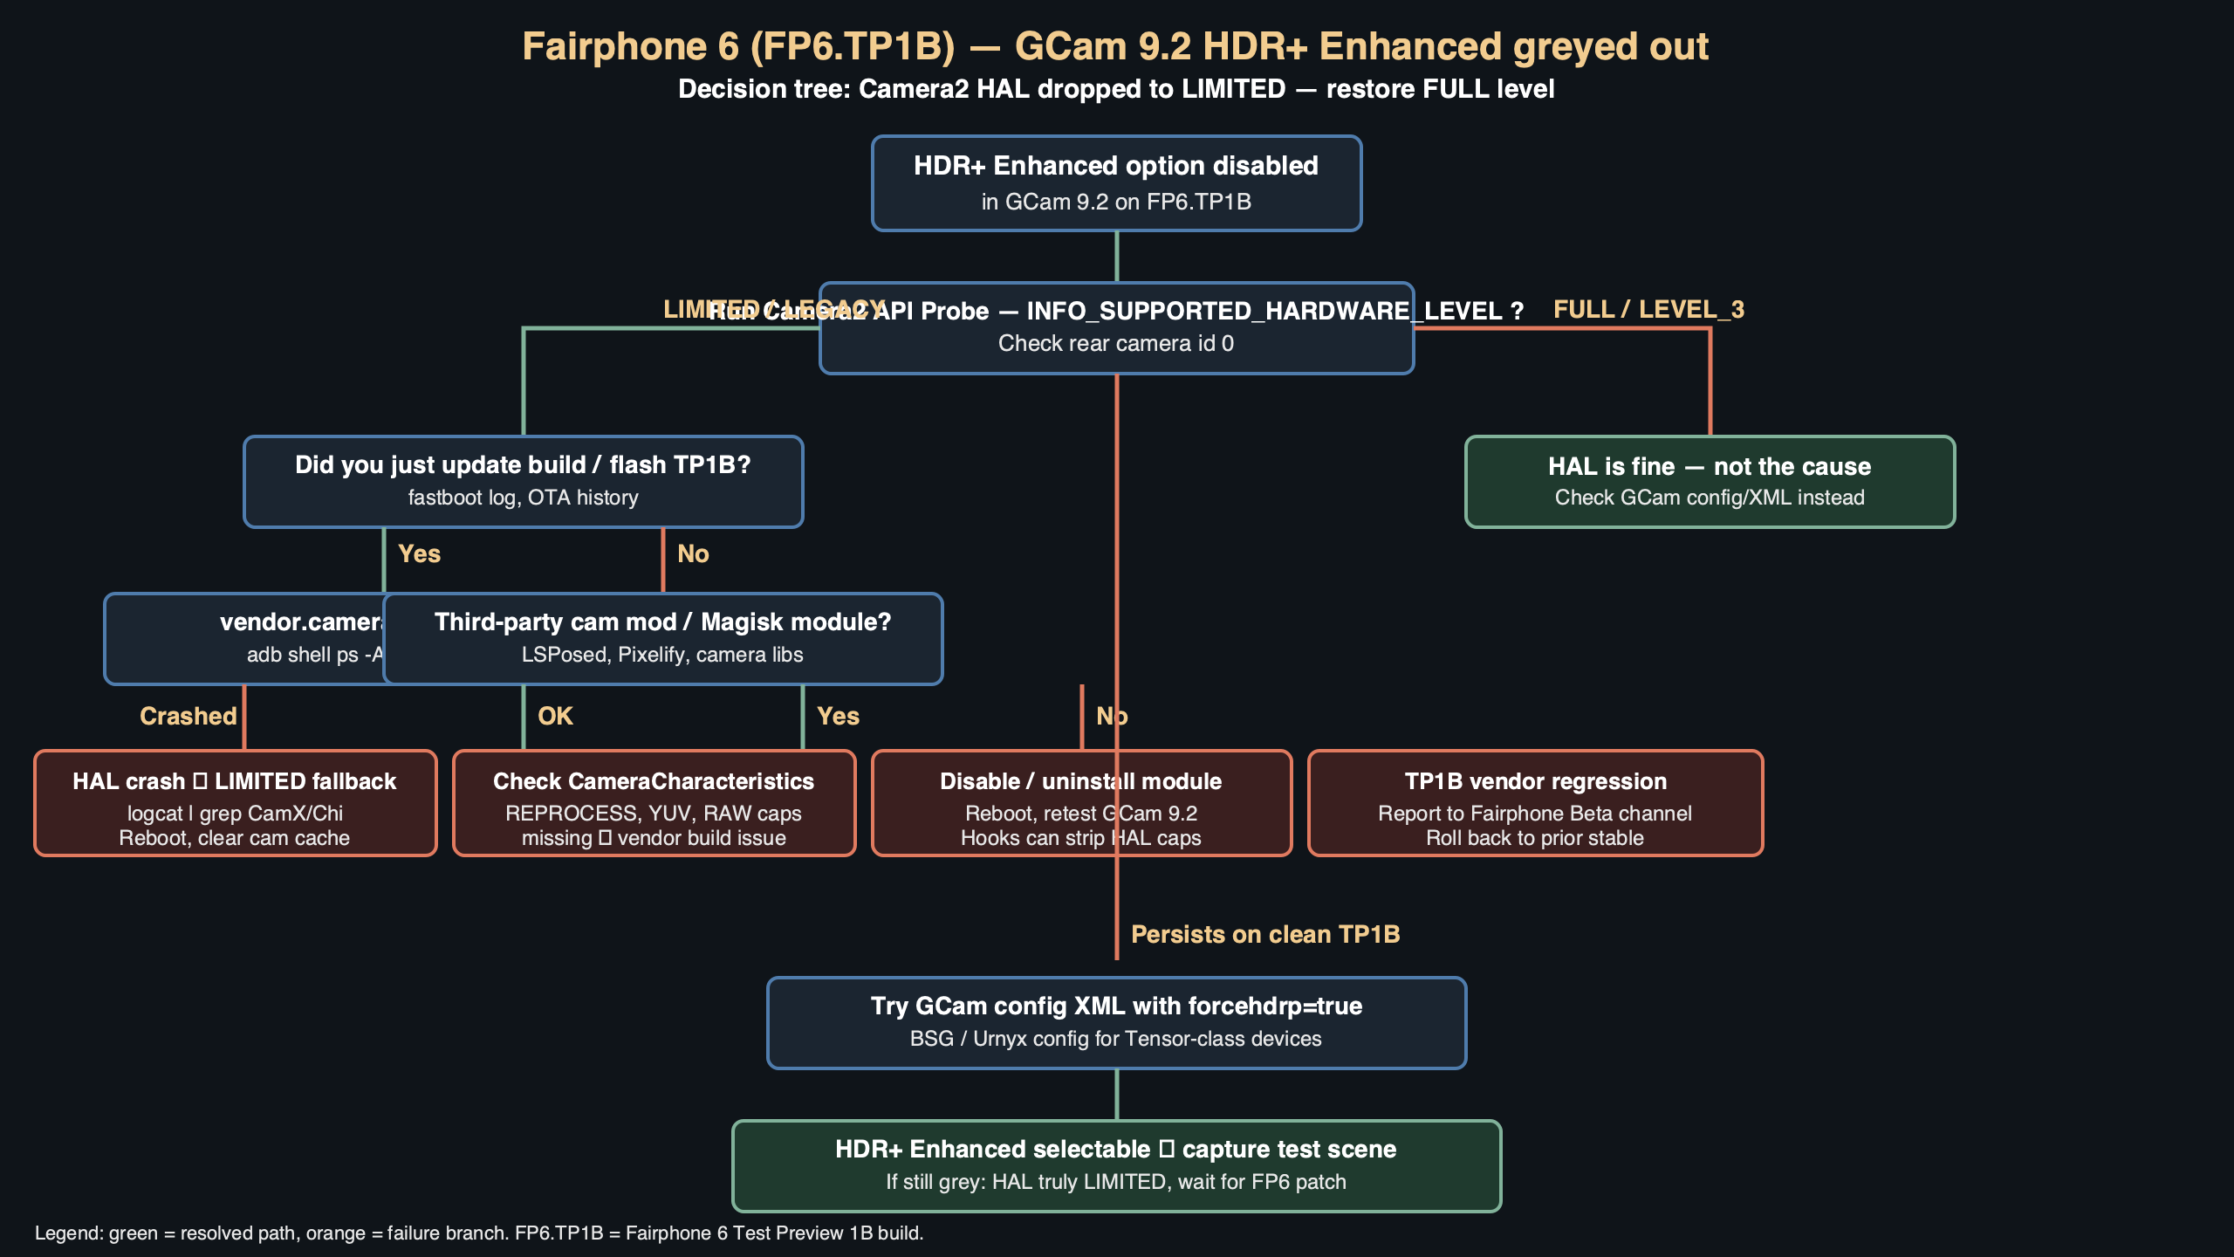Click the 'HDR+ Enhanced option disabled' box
click(1116, 183)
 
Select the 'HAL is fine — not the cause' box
click(1710, 482)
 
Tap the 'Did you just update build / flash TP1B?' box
click(523, 482)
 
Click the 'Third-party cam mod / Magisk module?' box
click(662, 639)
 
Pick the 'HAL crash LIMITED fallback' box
click(235, 803)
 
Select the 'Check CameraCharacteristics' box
click(654, 803)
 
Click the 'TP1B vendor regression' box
click(1535, 803)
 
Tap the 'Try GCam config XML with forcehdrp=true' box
click(1116, 1023)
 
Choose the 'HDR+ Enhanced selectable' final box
click(1116, 1166)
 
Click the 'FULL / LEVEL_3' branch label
click(1648, 310)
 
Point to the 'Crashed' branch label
click(188, 717)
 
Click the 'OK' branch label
click(555, 717)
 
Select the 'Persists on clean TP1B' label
click(1265, 935)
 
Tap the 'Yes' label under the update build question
click(419, 554)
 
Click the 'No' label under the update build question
click(693, 554)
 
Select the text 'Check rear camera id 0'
click(1116, 344)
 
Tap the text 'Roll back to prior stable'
click(1535, 839)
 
